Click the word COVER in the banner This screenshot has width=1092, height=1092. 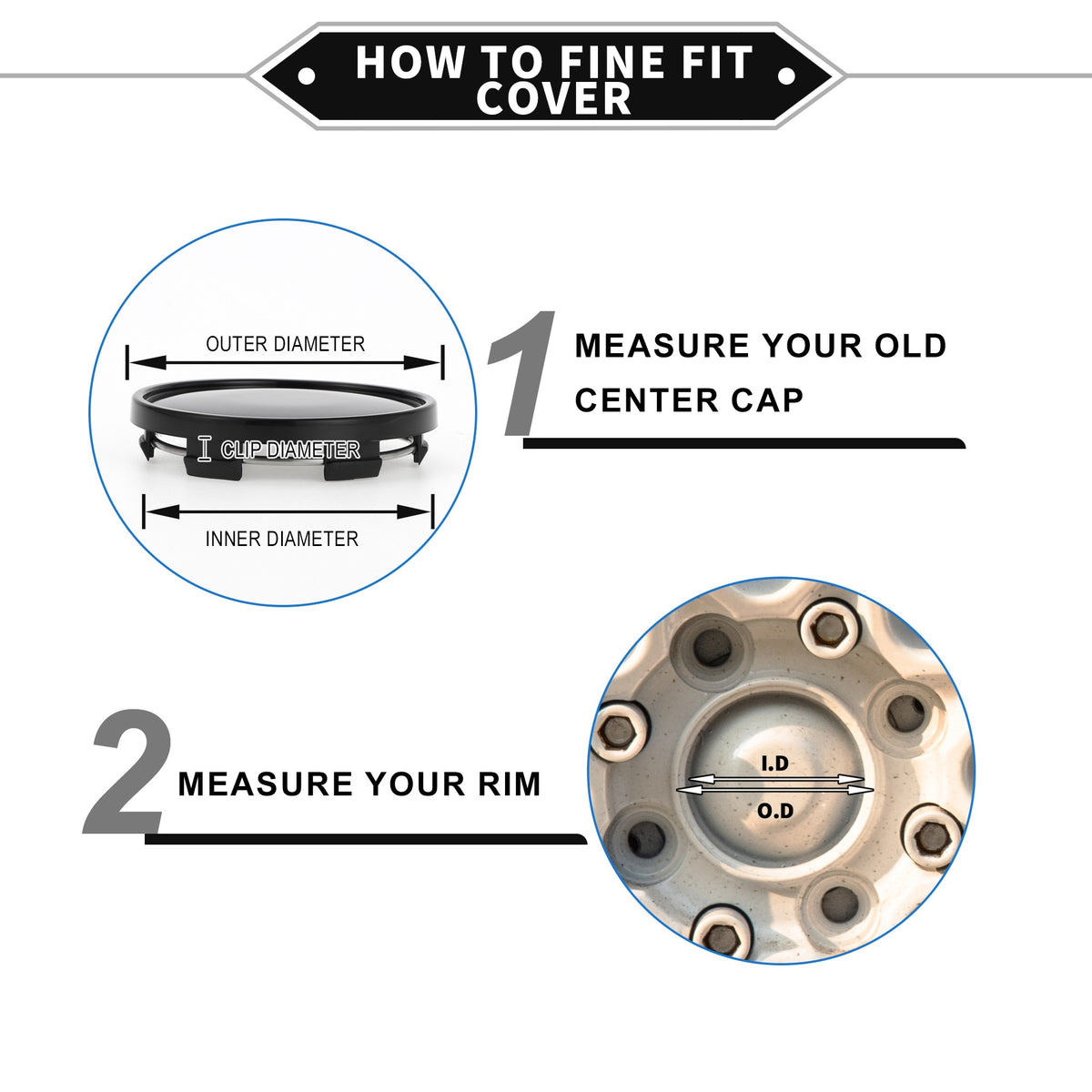(553, 98)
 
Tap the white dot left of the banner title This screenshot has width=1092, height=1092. (307, 76)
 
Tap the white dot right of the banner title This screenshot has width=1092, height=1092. (786, 76)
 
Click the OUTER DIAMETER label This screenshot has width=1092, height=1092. (285, 344)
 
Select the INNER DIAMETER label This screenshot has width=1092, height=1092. (281, 539)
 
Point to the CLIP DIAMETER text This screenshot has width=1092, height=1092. (290, 450)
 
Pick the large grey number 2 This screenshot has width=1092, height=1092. (128, 772)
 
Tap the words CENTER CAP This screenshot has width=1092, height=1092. (689, 400)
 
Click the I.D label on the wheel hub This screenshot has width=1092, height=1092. (774, 763)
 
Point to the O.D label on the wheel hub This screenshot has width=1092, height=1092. (775, 811)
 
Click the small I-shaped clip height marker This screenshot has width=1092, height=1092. (205, 449)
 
